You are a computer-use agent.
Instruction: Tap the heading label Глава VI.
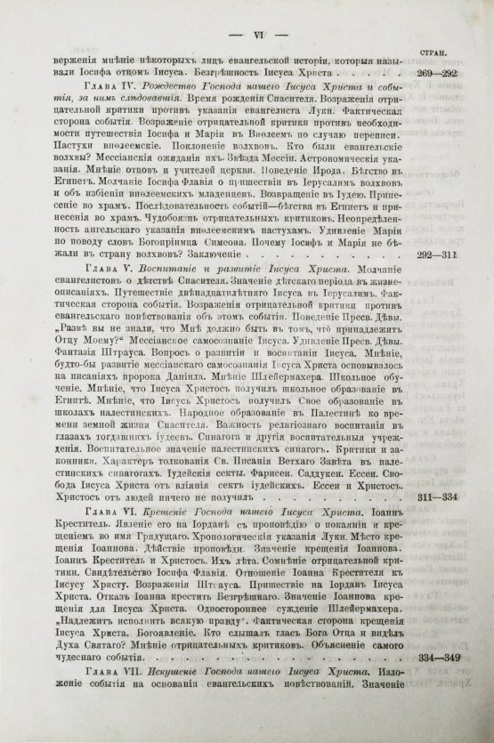(107, 516)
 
